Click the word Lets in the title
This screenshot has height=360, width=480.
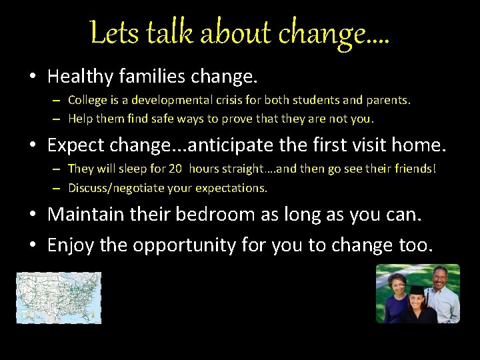112,33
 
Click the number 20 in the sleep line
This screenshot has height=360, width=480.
175,169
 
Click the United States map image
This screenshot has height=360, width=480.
59,298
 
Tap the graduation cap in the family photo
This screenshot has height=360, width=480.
416,291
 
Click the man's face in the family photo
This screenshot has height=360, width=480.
438,279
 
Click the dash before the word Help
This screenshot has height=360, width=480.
58,119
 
